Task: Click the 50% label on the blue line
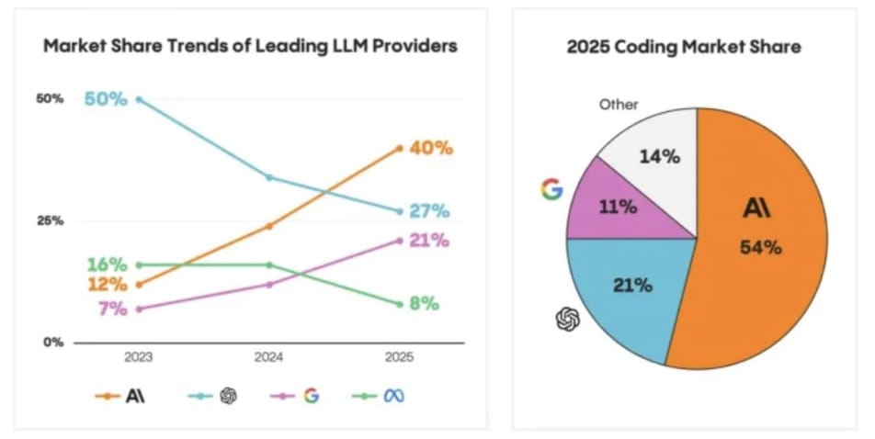[x=106, y=98]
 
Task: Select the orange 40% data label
[x=431, y=148]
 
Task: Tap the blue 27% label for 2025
[x=429, y=211]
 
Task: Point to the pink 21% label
[x=429, y=241]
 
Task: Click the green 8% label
[x=425, y=304]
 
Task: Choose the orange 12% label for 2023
[x=107, y=285]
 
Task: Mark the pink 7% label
[x=112, y=309]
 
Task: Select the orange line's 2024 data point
[x=269, y=225]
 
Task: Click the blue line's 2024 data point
[x=269, y=177]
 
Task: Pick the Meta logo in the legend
[x=395, y=397]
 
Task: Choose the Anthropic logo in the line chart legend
[x=136, y=397]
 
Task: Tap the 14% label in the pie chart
[x=659, y=156]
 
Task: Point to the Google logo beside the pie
[x=551, y=189]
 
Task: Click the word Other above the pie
[x=619, y=105]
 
